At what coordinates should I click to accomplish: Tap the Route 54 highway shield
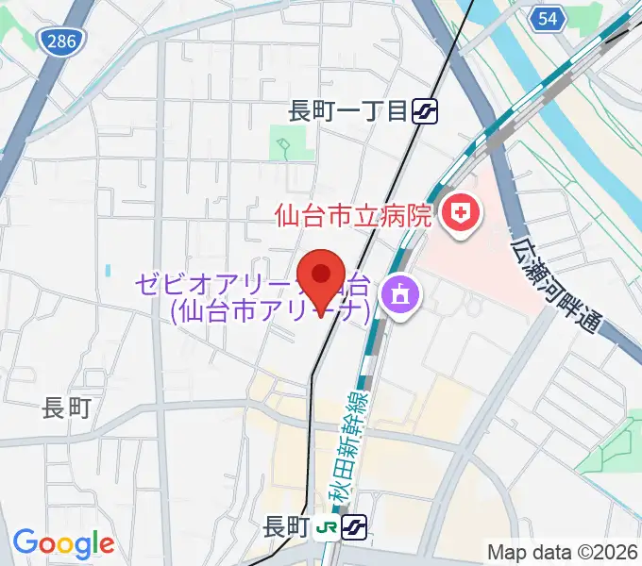(x=547, y=18)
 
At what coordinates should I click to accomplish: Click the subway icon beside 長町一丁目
(x=424, y=111)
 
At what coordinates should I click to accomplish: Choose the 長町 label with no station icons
(x=66, y=408)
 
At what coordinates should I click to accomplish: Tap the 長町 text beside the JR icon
(x=286, y=525)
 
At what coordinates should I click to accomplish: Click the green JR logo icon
(x=329, y=526)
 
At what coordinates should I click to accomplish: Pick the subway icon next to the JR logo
(x=355, y=526)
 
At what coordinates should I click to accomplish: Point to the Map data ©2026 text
(x=563, y=551)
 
